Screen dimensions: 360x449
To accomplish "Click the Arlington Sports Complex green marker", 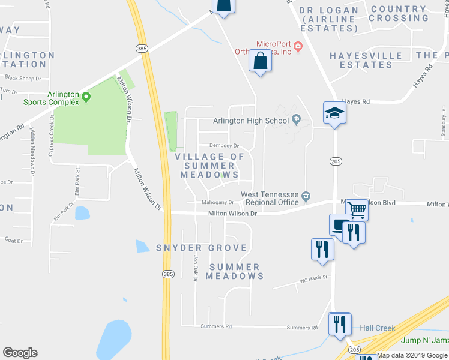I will click(x=86, y=96).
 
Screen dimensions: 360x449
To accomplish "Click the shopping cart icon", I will click(x=357, y=209).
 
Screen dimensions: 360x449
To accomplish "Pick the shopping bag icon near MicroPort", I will click(x=260, y=61).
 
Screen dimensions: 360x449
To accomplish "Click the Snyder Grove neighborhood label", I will click(x=201, y=248).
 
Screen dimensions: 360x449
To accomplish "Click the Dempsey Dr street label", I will click(x=224, y=146).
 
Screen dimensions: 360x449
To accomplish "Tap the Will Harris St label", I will click(x=314, y=278).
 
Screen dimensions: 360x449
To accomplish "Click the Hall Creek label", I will click(x=378, y=328).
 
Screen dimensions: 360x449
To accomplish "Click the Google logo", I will click(x=20, y=353).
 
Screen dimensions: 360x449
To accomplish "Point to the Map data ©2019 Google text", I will click(x=412, y=355).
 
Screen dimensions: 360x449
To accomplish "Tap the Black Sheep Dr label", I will click(x=22, y=78).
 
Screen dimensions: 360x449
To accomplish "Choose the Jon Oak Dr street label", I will click(x=195, y=267).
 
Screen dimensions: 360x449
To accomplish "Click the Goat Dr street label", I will click(x=13, y=241).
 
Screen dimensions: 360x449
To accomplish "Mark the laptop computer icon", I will click(x=339, y=225).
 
